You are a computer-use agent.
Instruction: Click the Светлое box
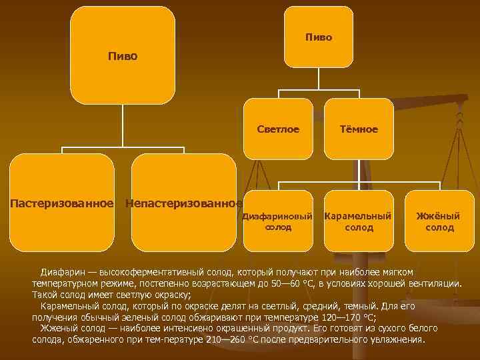(278, 129)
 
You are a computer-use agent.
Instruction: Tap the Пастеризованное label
(61, 202)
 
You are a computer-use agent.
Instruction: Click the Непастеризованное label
(183, 202)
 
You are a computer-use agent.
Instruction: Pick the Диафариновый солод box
(278, 222)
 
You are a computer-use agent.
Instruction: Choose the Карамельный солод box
(358, 222)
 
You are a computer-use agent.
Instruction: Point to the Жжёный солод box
(439, 222)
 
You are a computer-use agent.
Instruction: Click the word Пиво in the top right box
(319, 37)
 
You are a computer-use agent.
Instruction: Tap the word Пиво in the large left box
(123, 56)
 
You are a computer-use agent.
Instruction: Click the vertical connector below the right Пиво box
(319, 78)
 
